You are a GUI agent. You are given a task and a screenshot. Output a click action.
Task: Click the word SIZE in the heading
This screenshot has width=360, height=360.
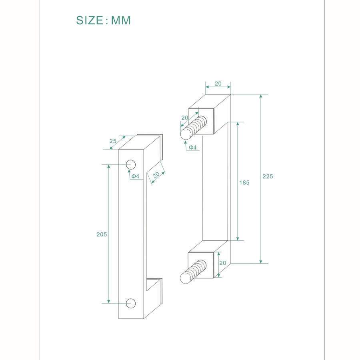(x=90, y=20)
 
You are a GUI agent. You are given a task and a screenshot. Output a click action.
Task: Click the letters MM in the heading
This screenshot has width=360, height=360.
(x=121, y=20)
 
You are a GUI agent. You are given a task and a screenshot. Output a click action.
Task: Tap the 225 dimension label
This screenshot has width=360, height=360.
(x=268, y=176)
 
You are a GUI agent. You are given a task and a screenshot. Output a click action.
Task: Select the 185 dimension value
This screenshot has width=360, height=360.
(x=244, y=182)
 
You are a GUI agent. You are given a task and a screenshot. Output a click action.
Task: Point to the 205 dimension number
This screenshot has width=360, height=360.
(x=102, y=234)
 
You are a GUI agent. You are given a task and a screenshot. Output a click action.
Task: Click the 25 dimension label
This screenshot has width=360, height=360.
(x=113, y=141)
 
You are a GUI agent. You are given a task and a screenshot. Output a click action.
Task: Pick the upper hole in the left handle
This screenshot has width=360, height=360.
(x=131, y=164)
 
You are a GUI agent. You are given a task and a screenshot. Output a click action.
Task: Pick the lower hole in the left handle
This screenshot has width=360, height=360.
(x=131, y=303)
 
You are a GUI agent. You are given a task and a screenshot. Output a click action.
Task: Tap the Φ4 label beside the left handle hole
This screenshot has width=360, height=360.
(x=136, y=176)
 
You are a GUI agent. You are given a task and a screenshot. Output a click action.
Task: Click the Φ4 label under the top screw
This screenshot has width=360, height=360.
(x=193, y=147)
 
